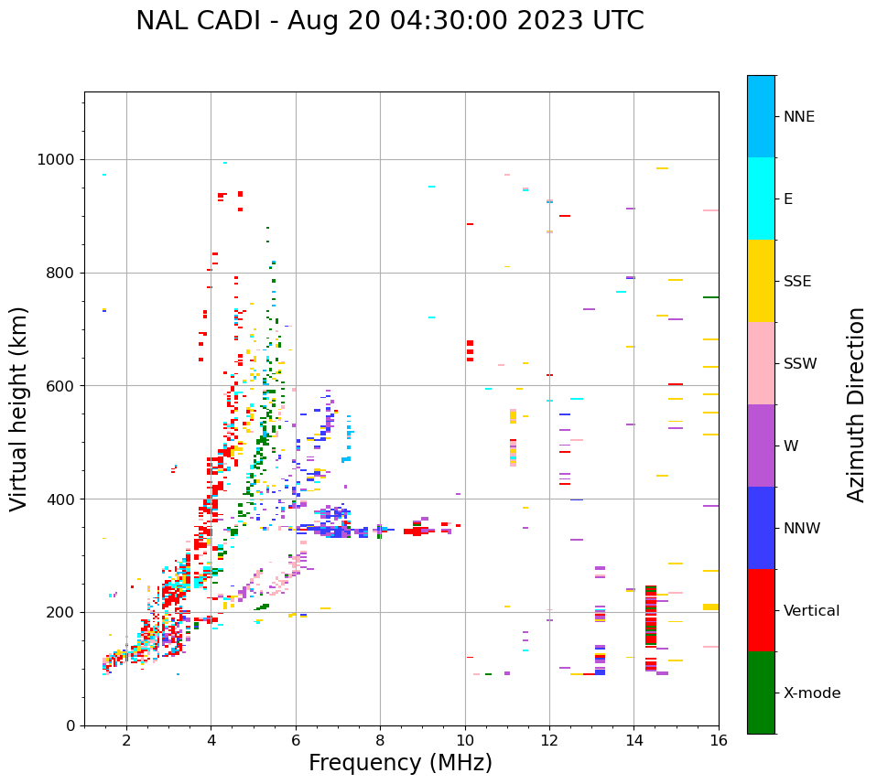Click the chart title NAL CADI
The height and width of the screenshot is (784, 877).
pos(389,21)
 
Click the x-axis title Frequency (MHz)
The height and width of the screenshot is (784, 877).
pos(400,763)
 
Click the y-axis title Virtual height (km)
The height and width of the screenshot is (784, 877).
pos(19,409)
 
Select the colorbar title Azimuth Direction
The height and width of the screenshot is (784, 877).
pos(856,404)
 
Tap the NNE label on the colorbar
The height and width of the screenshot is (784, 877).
pos(798,117)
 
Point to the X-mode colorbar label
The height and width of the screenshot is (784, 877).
pos(811,693)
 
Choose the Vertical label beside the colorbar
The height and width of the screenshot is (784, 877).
pos(811,611)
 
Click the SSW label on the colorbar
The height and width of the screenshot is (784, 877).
pos(800,364)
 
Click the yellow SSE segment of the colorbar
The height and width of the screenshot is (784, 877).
pos(761,281)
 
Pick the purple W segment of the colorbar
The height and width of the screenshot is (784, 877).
pos(761,446)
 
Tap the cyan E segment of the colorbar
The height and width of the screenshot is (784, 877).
pos(761,199)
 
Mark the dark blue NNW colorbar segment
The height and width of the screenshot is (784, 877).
pos(761,528)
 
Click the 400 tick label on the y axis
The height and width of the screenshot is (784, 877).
pos(63,499)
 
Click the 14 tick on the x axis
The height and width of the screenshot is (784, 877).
pos(633,739)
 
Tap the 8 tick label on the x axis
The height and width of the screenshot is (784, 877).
pos(380,739)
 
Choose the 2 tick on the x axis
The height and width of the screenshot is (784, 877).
pos(126,739)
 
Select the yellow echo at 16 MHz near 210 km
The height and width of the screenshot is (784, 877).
pos(710,607)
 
